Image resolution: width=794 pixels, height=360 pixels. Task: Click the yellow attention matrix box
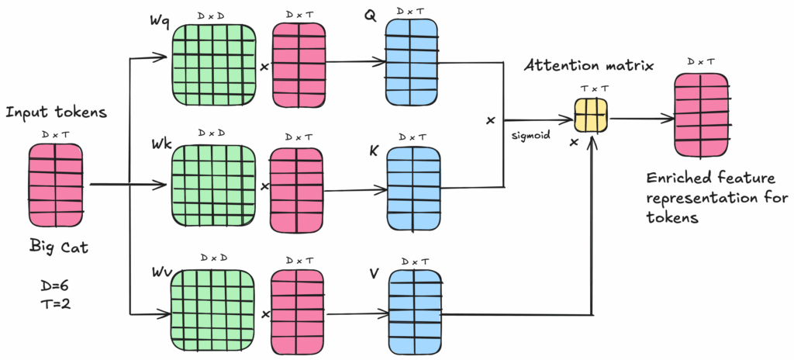[590, 116]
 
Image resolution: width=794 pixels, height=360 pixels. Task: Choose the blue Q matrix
[412, 59]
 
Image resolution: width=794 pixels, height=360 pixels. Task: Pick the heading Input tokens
[56, 113]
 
